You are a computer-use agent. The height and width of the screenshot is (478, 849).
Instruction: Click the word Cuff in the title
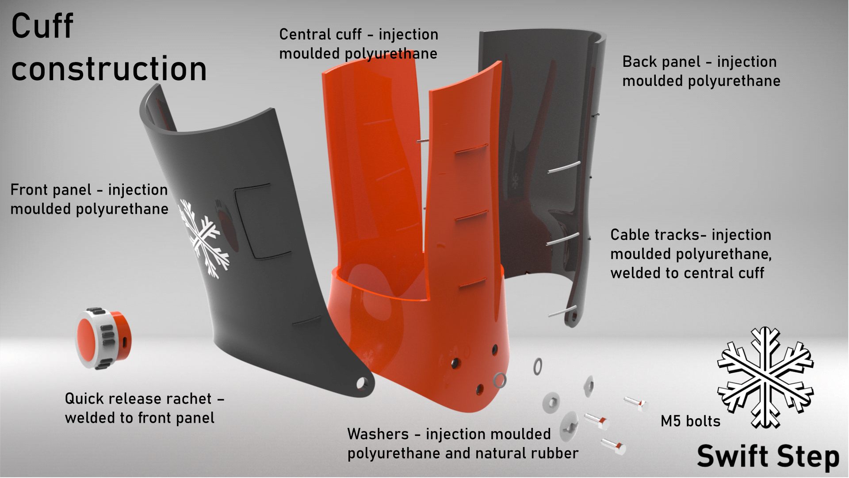pyautogui.click(x=42, y=27)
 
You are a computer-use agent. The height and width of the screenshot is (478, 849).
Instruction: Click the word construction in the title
pyautogui.click(x=109, y=69)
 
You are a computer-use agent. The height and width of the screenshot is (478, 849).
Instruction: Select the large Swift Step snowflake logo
pyautogui.click(x=765, y=378)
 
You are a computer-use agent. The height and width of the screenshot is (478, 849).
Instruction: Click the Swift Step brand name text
pyautogui.click(x=768, y=457)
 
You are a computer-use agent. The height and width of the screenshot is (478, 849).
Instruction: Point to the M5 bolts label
pyautogui.click(x=690, y=421)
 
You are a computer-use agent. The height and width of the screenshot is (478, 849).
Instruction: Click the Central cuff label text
pyautogui.click(x=358, y=44)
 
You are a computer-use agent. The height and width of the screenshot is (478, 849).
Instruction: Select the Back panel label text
pyautogui.click(x=701, y=71)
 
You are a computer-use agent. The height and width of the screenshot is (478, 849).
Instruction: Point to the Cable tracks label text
pyautogui.click(x=691, y=254)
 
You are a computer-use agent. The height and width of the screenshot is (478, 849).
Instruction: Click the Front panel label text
pyautogui.click(x=89, y=199)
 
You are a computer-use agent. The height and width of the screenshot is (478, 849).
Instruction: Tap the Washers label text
pyautogui.click(x=463, y=443)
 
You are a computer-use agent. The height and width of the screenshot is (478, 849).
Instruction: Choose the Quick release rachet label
pyautogui.click(x=144, y=408)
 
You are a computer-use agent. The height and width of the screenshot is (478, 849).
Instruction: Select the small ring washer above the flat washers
pyautogui.click(x=538, y=366)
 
